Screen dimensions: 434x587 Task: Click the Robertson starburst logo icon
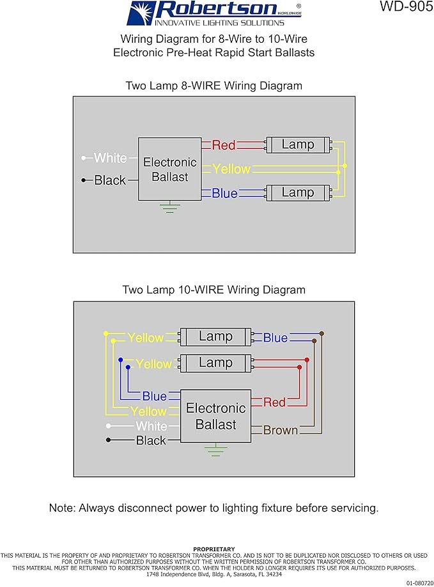click(141, 13)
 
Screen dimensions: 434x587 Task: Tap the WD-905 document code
click(407, 6)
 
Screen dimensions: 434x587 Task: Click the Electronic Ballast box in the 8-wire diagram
click(169, 169)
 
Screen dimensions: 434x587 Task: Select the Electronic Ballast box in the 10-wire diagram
click(215, 416)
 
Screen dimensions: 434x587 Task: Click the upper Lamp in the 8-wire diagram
click(298, 144)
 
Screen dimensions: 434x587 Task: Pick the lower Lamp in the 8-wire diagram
click(298, 193)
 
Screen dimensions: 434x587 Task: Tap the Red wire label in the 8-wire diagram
click(224, 145)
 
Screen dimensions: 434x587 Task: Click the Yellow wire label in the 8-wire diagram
click(231, 169)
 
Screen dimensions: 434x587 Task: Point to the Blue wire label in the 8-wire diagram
click(225, 193)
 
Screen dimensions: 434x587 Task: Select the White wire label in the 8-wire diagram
click(111, 158)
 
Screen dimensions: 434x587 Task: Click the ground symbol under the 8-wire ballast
click(169, 207)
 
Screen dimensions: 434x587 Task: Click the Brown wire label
click(281, 430)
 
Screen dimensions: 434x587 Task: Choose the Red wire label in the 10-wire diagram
click(274, 402)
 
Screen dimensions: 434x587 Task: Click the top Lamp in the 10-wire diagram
click(215, 337)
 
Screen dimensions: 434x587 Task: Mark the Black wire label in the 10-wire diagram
click(151, 440)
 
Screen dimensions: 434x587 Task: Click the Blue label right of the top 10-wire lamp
click(275, 338)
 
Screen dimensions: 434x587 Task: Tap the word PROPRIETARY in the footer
click(214, 549)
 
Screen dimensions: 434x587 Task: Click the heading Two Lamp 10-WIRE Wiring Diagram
click(214, 290)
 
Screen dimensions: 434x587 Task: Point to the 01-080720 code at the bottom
click(420, 583)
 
